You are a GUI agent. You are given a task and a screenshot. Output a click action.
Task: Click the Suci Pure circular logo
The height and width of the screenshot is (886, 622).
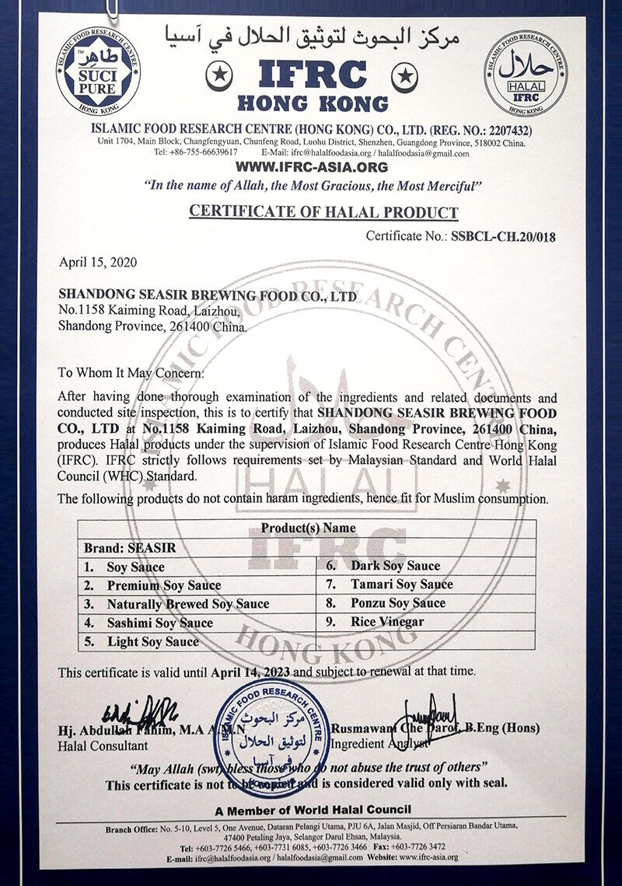[98, 71]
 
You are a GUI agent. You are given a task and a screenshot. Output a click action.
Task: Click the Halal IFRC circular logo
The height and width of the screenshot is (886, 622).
[525, 73]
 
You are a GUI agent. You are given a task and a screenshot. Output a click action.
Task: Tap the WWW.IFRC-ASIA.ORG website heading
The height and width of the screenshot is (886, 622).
[311, 167]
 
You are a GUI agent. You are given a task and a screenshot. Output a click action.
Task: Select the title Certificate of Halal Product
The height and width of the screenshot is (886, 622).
[323, 211]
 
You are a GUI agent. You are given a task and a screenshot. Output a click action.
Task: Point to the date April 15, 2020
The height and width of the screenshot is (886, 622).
[98, 262]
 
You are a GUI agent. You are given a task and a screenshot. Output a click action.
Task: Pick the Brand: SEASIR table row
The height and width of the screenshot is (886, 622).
[130, 547]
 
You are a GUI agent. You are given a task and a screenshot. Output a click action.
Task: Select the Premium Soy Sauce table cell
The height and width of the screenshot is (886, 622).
[163, 585]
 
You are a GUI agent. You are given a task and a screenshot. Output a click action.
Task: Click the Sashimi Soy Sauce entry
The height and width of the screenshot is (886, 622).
[159, 623]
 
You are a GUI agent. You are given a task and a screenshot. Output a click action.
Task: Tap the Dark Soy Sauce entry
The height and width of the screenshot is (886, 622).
[395, 566]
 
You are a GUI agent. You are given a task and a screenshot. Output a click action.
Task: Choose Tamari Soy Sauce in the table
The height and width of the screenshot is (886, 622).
[401, 584]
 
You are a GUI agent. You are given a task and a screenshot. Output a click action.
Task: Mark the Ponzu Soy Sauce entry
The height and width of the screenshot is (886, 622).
[398, 603]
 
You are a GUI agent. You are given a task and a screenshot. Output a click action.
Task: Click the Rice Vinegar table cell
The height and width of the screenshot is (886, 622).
[387, 622]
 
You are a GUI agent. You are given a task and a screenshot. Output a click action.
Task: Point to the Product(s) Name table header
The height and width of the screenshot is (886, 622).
[308, 528]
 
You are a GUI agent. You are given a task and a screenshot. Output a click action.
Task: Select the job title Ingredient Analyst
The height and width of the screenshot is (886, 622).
[379, 745]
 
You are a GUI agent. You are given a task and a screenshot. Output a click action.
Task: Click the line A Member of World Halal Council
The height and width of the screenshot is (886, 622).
[313, 810]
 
